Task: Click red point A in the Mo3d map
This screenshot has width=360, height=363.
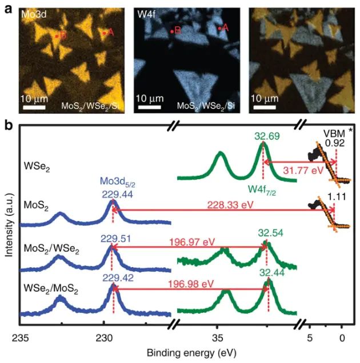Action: (104, 33)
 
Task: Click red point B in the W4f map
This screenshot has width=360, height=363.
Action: (171, 31)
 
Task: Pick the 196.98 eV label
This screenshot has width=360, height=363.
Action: (195, 284)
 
